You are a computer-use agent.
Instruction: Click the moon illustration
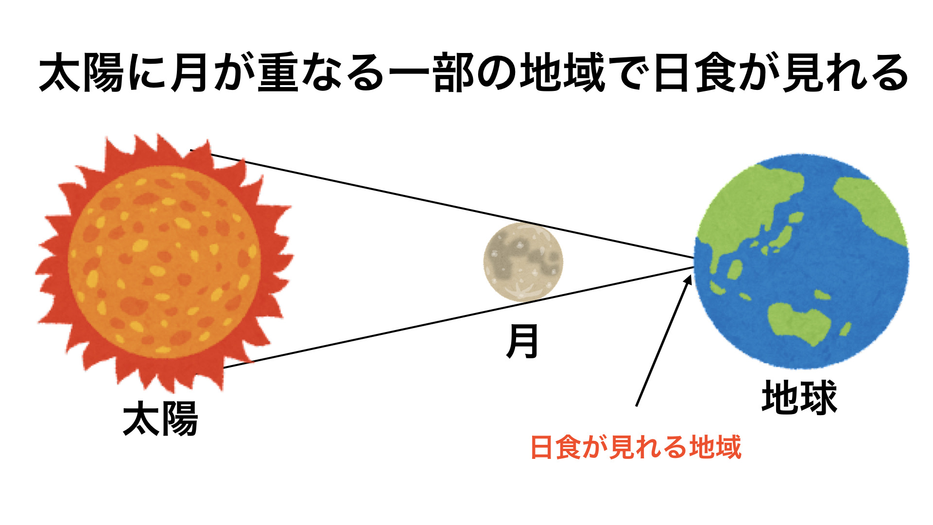tap(523, 262)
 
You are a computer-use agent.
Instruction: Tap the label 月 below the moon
tap(522, 342)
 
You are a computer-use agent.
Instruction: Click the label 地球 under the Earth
tap(799, 397)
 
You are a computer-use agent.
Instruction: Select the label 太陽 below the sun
tap(160, 418)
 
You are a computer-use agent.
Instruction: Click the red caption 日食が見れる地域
tap(636, 447)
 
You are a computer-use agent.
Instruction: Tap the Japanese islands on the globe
tap(780, 233)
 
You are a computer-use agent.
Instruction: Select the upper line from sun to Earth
tap(442, 204)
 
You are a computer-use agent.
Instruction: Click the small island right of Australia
tap(846, 329)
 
